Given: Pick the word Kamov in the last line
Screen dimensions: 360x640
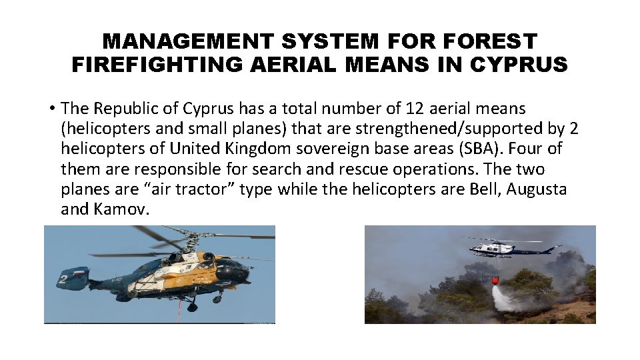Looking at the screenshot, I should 125,209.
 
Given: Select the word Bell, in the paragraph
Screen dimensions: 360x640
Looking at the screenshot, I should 481,189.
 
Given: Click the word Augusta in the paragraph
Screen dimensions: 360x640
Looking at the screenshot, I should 537,189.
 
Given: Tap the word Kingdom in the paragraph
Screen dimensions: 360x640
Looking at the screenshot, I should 243,149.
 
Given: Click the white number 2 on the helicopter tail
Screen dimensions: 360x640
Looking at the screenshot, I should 61,279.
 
